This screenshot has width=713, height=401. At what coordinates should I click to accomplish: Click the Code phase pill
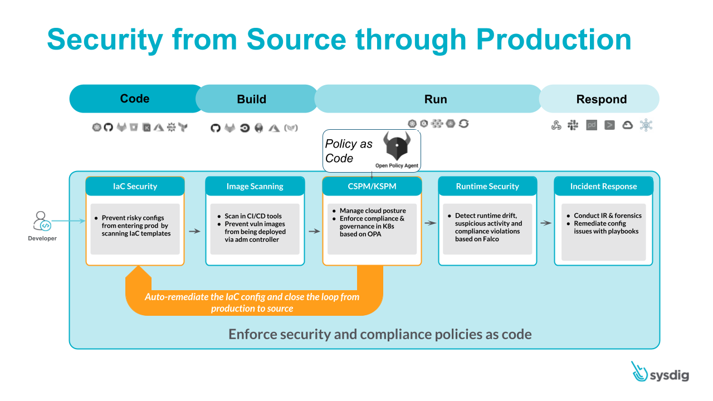(x=135, y=99)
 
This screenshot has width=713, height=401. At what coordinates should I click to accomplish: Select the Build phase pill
(x=252, y=99)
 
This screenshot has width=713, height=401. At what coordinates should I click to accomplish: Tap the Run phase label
(x=435, y=99)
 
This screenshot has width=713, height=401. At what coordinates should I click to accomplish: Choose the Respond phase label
(x=601, y=99)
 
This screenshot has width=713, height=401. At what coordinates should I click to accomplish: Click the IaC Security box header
(x=135, y=187)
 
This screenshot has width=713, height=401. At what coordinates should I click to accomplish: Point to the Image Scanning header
(x=255, y=187)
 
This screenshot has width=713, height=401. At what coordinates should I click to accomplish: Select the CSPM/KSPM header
(x=372, y=187)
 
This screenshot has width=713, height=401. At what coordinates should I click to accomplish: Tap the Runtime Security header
(x=487, y=187)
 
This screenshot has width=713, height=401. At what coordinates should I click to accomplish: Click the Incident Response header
(x=603, y=187)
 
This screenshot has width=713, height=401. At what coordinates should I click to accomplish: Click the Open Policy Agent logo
(x=397, y=147)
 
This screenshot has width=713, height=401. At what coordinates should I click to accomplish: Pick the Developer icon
(x=42, y=221)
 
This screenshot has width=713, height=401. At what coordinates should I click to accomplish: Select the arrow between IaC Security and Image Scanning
(x=194, y=231)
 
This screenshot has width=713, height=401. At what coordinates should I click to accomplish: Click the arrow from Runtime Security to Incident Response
(x=546, y=223)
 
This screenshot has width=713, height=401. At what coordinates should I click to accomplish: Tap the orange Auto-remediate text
(x=252, y=302)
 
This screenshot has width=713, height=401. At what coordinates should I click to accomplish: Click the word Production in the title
(x=554, y=40)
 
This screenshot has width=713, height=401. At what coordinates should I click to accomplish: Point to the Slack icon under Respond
(x=573, y=125)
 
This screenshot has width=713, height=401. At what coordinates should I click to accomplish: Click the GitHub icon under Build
(x=216, y=128)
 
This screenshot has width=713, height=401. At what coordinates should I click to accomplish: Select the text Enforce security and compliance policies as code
(x=380, y=334)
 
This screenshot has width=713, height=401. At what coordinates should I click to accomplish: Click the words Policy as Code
(x=348, y=151)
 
